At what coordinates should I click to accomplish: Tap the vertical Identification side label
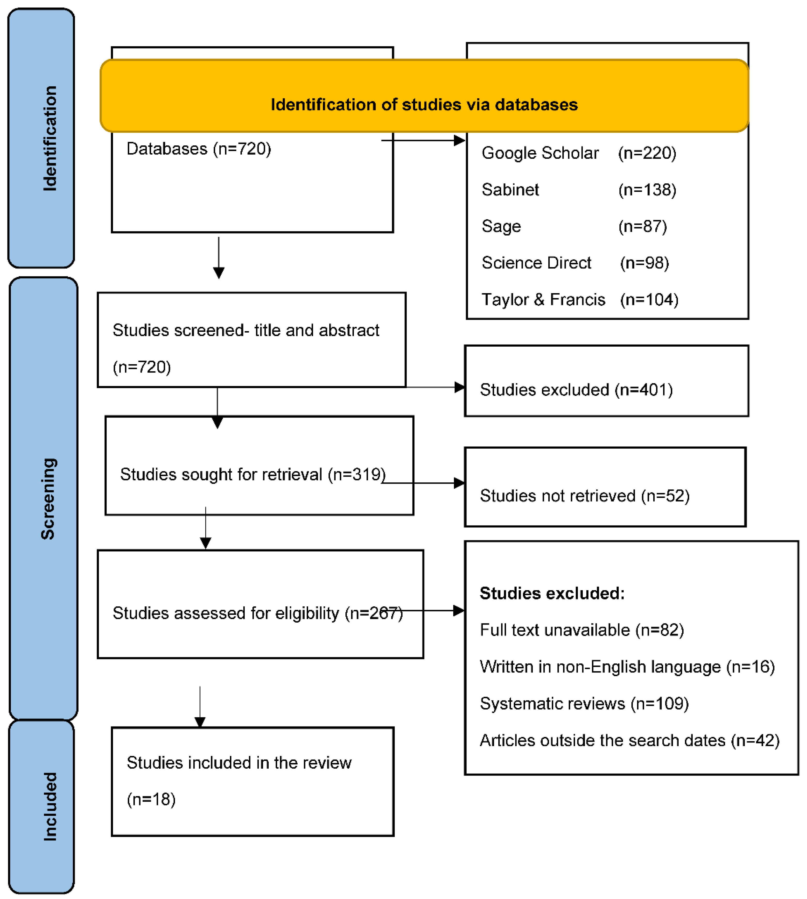click(x=50, y=138)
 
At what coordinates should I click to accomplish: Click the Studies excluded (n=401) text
click(x=576, y=390)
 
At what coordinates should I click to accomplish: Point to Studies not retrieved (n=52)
click(x=584, y=496)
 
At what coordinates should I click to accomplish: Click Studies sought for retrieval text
click(x=253, y=474)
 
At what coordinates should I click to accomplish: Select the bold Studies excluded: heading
click(x=552, y=593)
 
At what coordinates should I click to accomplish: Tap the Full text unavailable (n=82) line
click(x=582, y=630)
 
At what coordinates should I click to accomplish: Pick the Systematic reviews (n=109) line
click(x=584, y=703)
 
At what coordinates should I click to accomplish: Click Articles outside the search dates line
click(x=629, y=740)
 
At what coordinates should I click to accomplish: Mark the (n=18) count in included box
click(x=151, y=799)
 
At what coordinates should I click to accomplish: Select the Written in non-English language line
click(x=627, y=667)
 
